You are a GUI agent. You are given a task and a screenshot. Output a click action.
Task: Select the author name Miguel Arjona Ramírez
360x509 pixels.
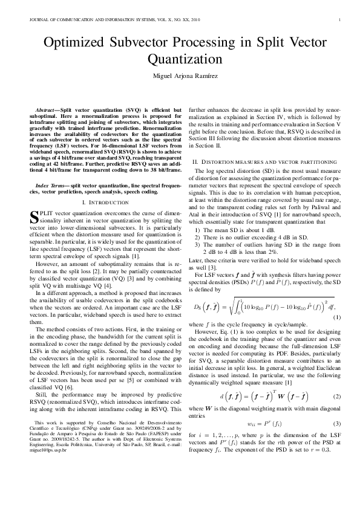tap(180, 77)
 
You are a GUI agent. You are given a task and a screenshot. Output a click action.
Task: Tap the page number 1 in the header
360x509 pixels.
tap(341, 19)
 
